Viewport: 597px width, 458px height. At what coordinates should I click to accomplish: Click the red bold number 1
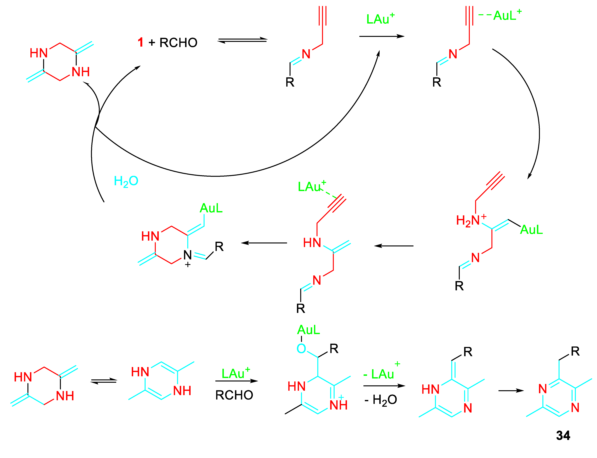click(140, 43)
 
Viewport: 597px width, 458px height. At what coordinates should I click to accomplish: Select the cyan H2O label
click(126, 181)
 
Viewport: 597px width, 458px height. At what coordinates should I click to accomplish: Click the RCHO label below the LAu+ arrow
click(234, 395)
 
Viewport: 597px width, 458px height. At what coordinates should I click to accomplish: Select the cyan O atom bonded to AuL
click(301, 348)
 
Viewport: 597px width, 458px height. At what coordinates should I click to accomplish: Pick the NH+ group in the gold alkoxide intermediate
click(338, 404)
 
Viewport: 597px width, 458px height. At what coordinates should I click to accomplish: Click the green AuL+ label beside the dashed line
click(507, 15)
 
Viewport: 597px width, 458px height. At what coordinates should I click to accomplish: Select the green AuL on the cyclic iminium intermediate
click(211, 208)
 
